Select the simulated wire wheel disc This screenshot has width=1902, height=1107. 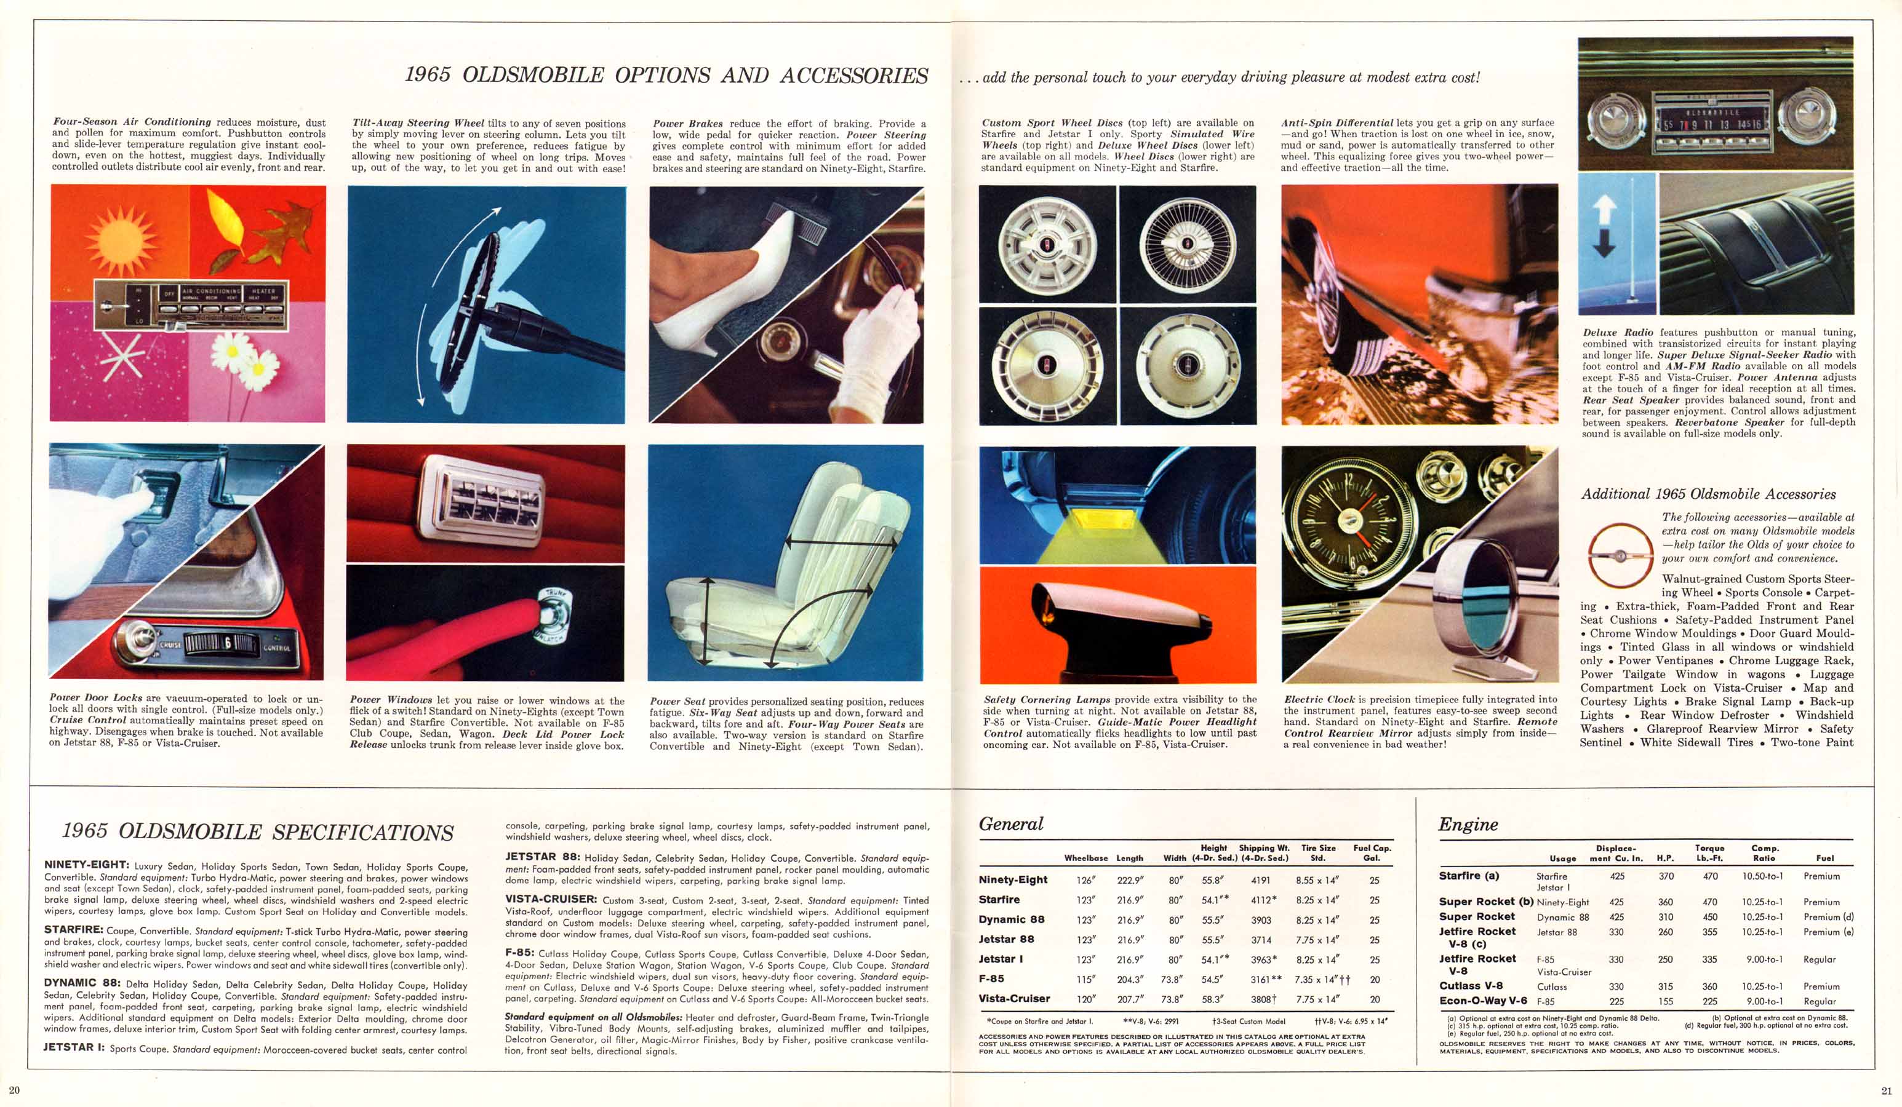coord(1187,245)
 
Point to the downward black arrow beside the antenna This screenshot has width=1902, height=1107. coord(1604,242)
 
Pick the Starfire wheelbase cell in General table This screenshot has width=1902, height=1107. coord(1085,900)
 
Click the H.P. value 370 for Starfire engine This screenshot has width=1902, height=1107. coord(1666,876)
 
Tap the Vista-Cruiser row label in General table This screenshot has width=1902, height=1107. coord(1013,998)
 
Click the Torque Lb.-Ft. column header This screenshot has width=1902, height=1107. coord(1709,853)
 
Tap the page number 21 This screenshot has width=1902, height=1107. coord(1887,1090)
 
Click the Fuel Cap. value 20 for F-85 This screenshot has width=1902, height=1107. coord(1375,980)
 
